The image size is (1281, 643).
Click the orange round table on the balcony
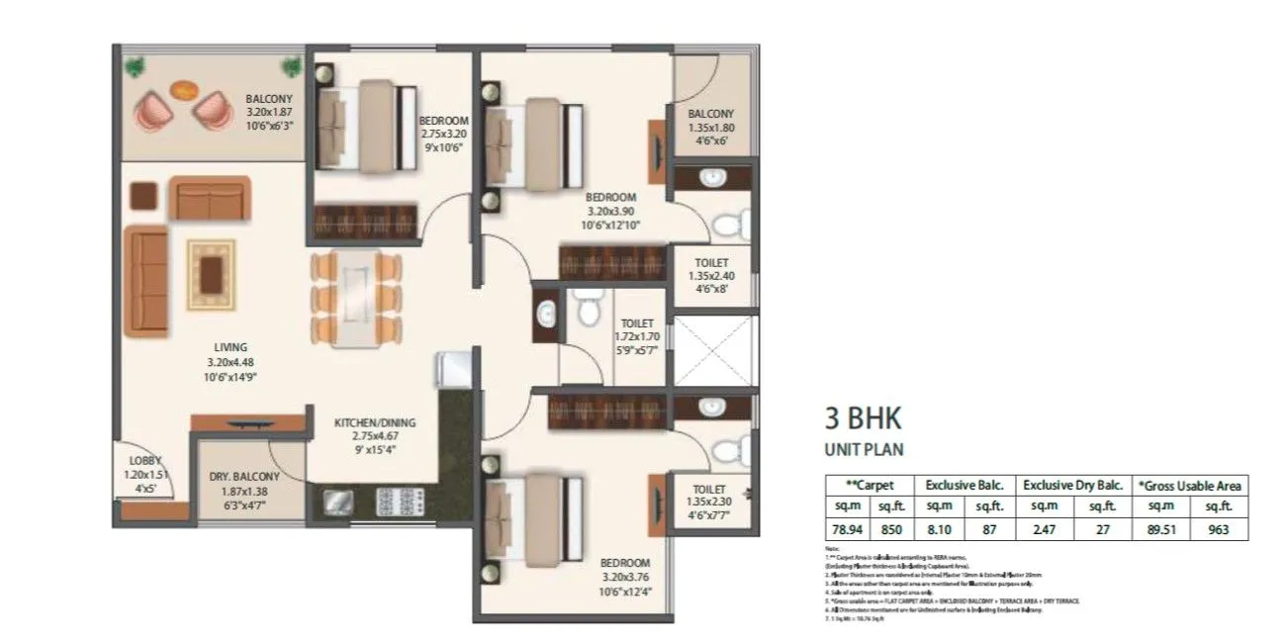point(183,89)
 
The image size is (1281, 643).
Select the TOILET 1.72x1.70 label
point(636,335)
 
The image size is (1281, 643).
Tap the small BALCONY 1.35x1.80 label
point(710,128)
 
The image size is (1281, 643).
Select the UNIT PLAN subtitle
point(864,449)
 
